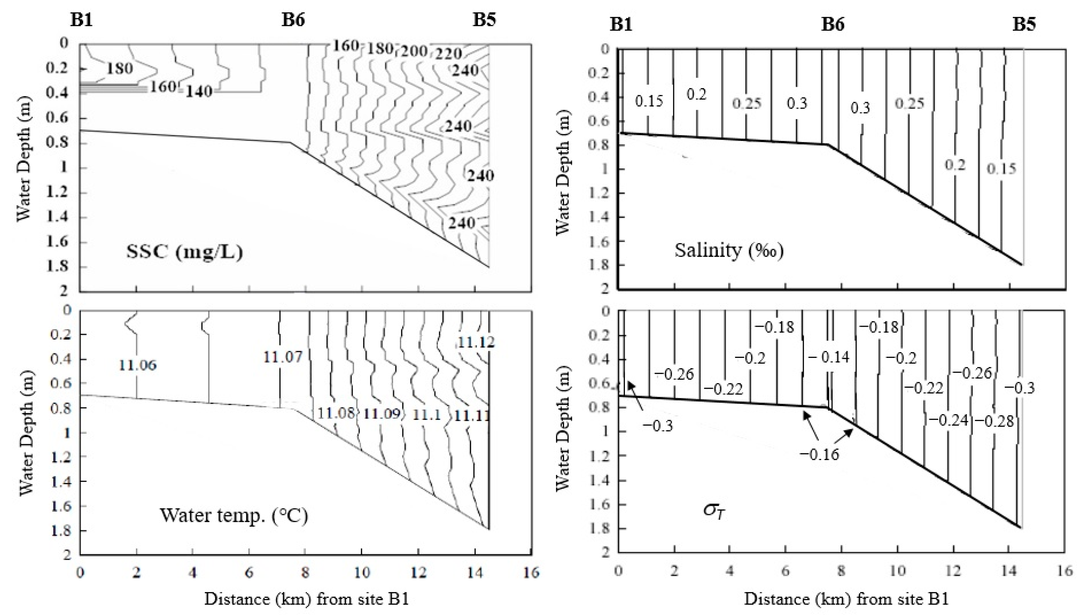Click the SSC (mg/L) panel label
(x=185, y=252)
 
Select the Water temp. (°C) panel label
(x=233, y=515)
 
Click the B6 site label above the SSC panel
(x=293, y=19)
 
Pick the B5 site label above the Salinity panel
(x=1024, y=24)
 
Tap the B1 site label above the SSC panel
(x=81, y=19)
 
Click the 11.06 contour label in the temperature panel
(x=137, y=365)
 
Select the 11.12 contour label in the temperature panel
(x=476, y=342)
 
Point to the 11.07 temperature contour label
(x=283, y=357)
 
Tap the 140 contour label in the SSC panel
(x=199, y=91)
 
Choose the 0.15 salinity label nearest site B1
(x=649, y=101)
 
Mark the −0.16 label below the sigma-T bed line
(x=819, y=454)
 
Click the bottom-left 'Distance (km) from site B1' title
(x=307, y=599)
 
